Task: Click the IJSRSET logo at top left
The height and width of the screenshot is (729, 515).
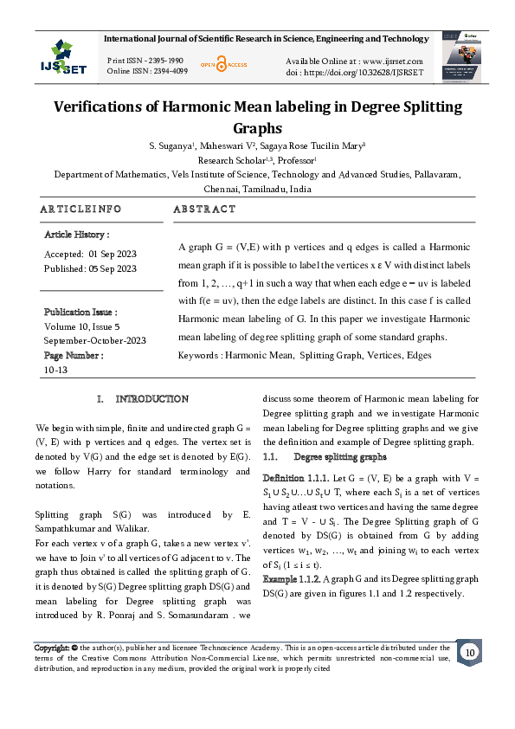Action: pos(62,56)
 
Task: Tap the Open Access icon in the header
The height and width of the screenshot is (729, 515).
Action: pos(222,64)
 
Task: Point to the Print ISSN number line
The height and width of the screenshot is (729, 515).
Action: pos(145,60)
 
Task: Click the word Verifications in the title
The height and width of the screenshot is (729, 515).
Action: pos(127,107)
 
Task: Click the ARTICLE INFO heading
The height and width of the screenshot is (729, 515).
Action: pos(81,210)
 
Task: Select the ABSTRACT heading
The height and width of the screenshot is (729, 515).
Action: pos(204,210)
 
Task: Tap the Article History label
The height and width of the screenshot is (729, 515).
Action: pos(77,235)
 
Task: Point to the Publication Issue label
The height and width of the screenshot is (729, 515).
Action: pos(80,312)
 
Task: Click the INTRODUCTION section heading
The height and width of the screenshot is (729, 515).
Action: pos(152,399)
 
